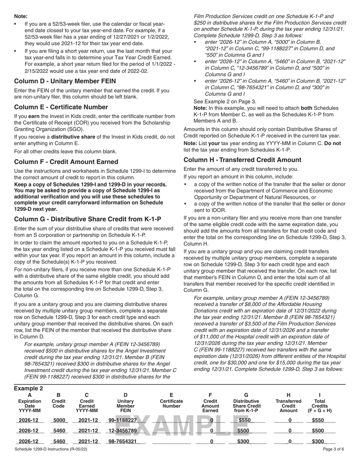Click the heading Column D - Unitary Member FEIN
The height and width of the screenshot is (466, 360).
coord(65,81)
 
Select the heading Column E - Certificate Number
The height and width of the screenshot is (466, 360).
coord(61,107)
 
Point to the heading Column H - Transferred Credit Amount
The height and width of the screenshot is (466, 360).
coord(243,160)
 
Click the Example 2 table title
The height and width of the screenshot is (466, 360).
coord(28,389)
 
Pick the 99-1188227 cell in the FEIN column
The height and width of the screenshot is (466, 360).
coord(122,420)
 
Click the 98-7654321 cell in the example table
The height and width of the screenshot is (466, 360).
coord(122,441)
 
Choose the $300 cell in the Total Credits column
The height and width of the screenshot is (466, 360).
coord(318,441)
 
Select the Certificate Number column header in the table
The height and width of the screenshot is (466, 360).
coord(171,404)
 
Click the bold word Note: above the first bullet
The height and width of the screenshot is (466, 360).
coord(21,16)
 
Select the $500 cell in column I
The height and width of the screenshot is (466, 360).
coord(318,431)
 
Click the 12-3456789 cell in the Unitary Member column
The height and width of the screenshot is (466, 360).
coord(122,431)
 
